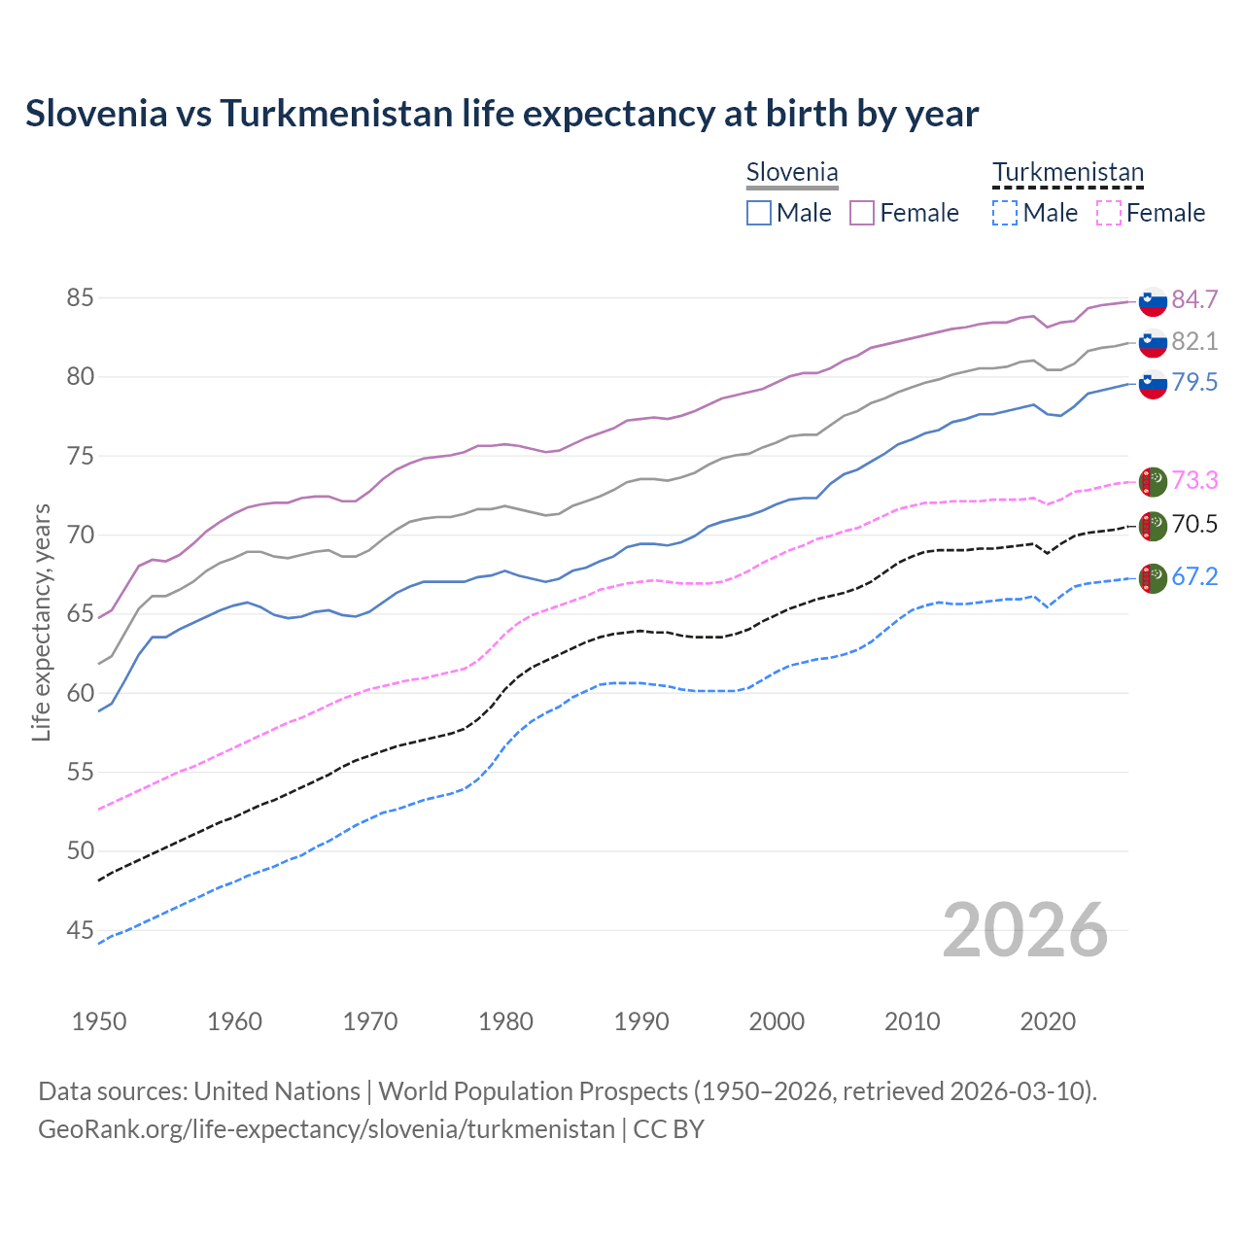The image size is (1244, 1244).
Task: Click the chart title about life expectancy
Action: tap(501, 114)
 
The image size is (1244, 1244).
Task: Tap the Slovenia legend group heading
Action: tap(792, 173)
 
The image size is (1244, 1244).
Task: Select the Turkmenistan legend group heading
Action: tap(1068, 173)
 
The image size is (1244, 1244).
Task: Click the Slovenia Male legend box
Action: tap(759, 213)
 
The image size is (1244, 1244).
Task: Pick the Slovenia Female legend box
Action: tap(862, 213)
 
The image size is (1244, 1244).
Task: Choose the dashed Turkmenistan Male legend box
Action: tap(1005, 213)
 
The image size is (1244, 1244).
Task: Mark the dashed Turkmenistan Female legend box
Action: tap(1109, 213)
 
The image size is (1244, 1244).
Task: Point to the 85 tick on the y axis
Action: tap(80, 297)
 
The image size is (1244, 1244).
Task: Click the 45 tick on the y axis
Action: tap(80, 931)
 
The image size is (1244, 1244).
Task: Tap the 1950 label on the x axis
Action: tap(99, 1021)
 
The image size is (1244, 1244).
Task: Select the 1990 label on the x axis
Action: tap(641, 1021)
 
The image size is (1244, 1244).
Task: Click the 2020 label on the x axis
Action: tap(1048, 1021)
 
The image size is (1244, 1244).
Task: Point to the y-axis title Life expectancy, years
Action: tap(41, 622)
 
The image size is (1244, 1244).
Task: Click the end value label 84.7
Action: tap(1194, 299)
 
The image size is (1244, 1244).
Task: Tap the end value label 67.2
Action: tap(1194, 576)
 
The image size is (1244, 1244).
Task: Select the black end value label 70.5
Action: tap(1194, 525)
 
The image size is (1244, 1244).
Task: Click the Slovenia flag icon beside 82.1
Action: tap(1153, 342)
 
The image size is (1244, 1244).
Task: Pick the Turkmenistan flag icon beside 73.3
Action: tap(1153, 480)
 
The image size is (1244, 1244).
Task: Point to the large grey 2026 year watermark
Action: tap(1025, 930)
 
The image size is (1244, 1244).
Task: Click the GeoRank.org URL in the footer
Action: tap(327, 1129)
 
